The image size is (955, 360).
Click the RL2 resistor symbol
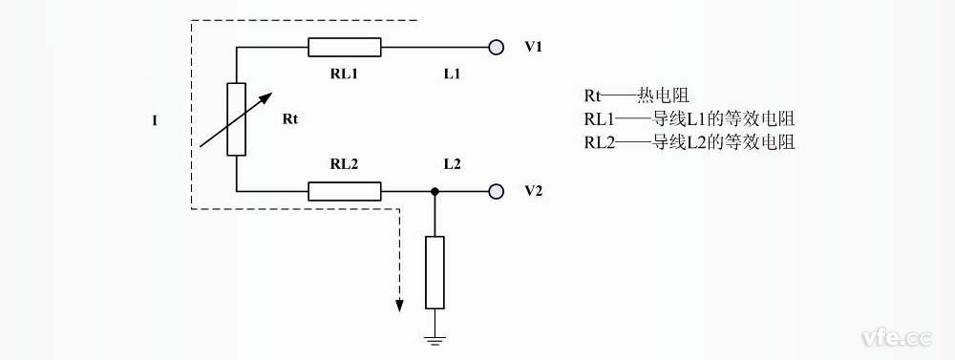tap(345, 191)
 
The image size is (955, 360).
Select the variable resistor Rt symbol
tap(236, 119)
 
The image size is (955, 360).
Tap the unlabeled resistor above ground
tap(435, 272)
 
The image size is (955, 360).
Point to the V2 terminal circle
tap(496, 191)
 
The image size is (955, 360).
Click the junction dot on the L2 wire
tap(435, 191)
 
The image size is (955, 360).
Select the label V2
tap(534, 191)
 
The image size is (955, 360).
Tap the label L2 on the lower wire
tap(452, 164)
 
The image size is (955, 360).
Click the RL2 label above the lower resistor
tap(344, 164)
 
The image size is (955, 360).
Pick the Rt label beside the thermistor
tap(292, 120)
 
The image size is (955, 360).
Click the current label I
tap(155, 121)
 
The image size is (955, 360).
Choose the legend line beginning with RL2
tap(690, 142)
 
